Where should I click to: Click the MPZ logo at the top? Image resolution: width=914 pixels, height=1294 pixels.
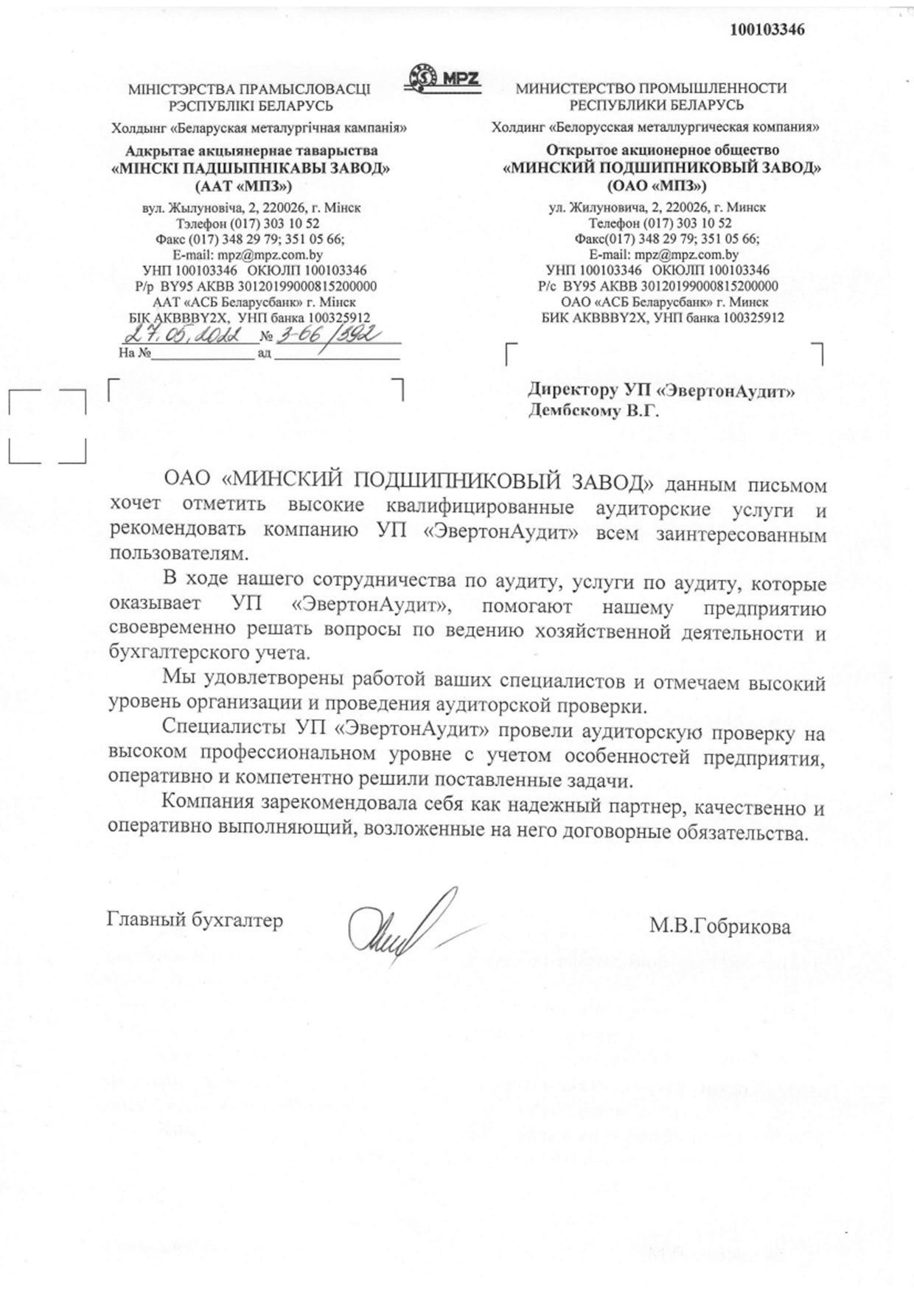[x=444, y=77]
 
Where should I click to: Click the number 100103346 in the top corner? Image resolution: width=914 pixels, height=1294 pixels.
[x=767, y=30]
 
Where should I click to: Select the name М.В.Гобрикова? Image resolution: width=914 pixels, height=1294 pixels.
[x=719, y=926]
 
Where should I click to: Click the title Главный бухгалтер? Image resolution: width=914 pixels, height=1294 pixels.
[x=195, y=920]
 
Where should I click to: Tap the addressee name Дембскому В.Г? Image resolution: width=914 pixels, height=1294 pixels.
[x=593, y=411]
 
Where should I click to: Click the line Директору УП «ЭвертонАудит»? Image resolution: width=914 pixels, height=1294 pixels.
[x=661, y=391]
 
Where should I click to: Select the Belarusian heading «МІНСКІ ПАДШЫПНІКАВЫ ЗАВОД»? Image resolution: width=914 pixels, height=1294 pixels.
[x=250, y=168]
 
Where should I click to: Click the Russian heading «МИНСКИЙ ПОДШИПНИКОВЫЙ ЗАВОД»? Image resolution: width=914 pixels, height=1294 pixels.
[x=661, y=168]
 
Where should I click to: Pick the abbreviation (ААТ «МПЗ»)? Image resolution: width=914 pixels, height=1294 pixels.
[x=243, y=185]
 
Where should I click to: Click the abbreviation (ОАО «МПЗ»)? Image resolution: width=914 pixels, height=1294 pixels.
[x=657, y=185]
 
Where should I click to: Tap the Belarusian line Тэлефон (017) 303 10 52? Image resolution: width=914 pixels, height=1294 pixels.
[x=248, y=223]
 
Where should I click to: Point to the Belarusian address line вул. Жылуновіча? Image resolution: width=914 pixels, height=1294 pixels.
[x=251, y=207]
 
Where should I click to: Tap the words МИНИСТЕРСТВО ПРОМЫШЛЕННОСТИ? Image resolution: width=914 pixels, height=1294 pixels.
[x=651, y=88]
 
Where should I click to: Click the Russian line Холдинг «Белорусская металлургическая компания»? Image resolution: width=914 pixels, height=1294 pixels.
[x=655, y=128]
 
